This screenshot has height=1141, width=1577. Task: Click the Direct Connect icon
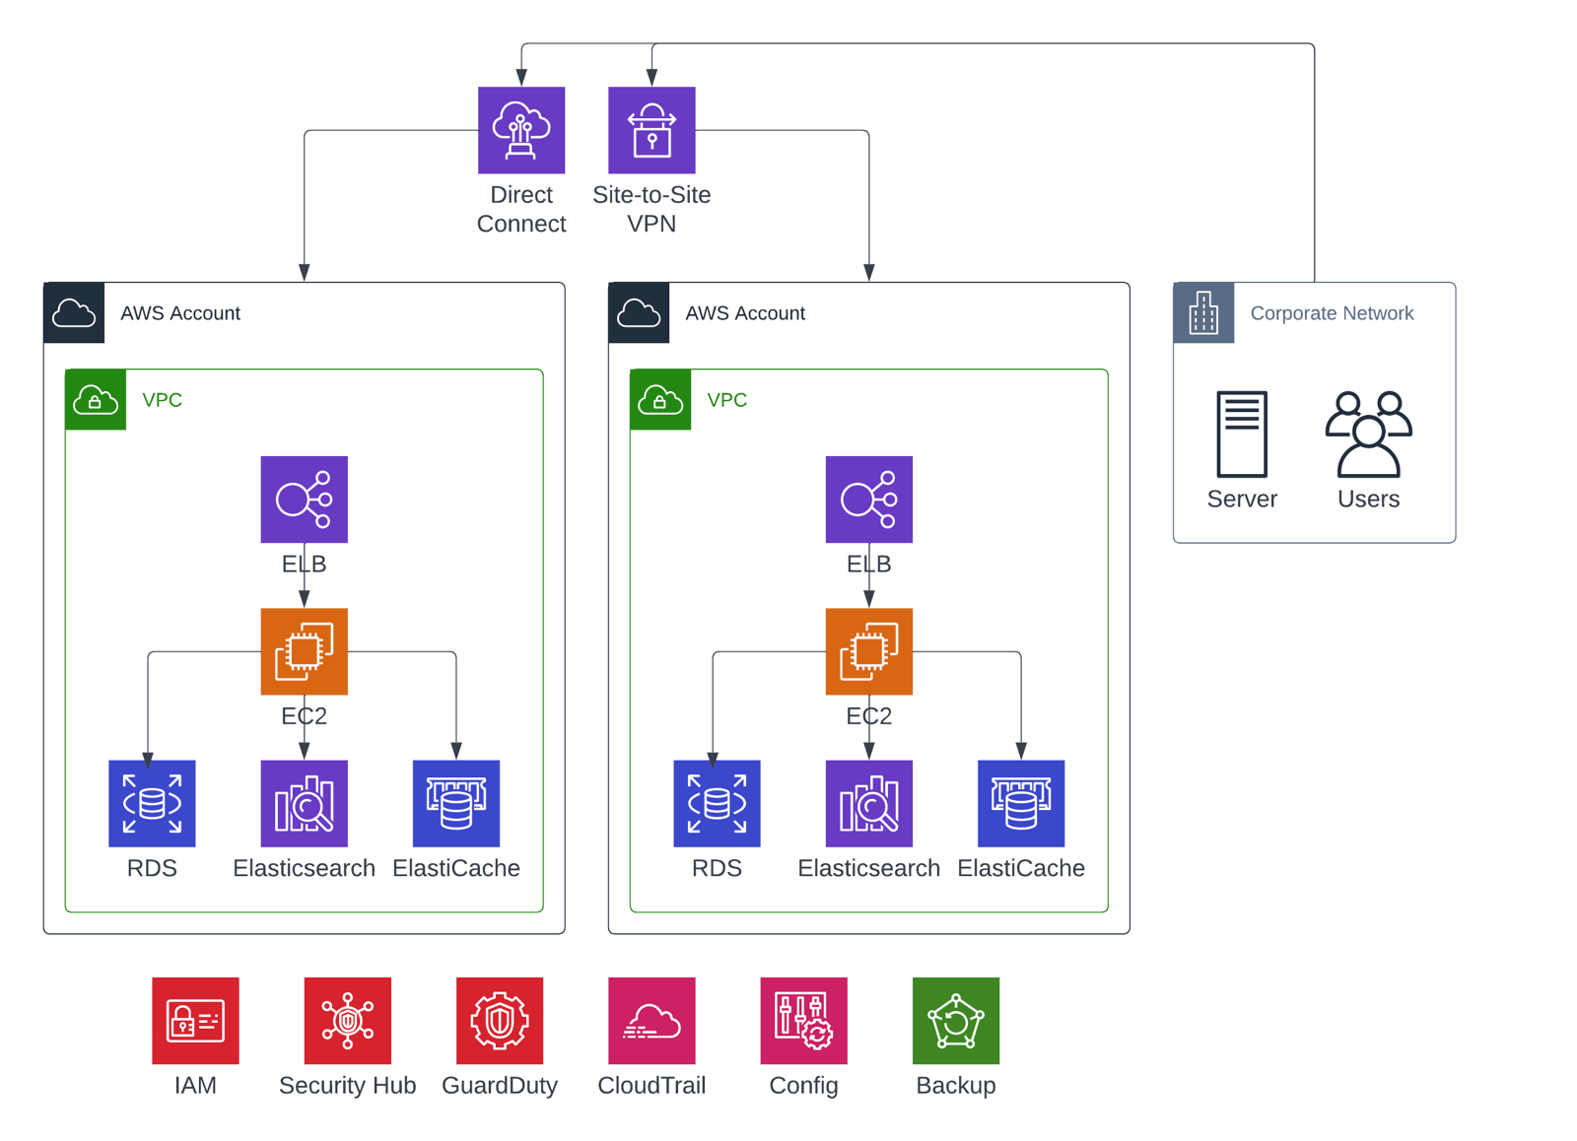point(521,130)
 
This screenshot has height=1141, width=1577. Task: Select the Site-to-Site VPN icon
point(651,130)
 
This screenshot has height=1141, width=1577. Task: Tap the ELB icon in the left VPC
point(304,500)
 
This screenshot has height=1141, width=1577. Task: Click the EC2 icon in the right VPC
point(868,651)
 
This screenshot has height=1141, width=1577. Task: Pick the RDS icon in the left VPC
point(152,803)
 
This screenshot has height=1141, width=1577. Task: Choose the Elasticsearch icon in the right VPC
point(868,803)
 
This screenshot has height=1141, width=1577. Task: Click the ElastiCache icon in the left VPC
point(455,803)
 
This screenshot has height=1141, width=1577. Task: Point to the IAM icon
point(195,1021)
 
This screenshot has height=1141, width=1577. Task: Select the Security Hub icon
point(347,1021)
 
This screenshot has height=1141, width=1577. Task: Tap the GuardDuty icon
point(500,1021)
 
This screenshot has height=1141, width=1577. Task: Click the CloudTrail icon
point(651,1021)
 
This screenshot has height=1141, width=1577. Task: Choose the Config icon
point(803,1021)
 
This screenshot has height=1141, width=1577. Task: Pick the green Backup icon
point(955,1021)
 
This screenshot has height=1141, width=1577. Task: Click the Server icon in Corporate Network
point(1242,434)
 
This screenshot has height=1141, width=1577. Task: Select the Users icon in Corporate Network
point(1368,434)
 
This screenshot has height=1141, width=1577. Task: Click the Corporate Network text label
point(1332,313)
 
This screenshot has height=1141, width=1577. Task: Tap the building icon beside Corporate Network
point(1203,313)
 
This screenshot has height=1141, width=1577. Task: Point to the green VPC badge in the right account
point(660,400)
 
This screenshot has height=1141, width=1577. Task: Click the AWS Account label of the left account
point(180,313)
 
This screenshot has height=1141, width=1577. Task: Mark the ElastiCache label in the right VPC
point(1021,868)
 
